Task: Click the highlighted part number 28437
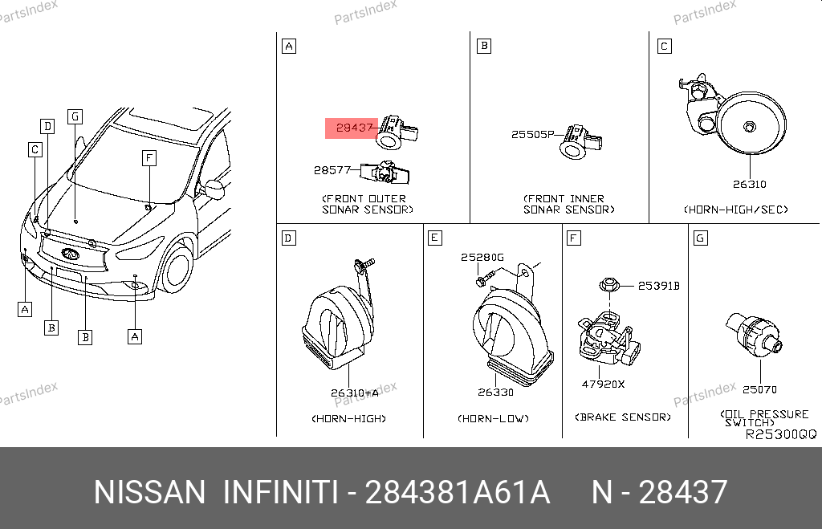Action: point(354,128)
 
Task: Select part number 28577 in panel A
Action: point(332,170)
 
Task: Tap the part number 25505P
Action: point(533,134)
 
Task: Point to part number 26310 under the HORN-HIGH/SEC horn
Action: point(750,184)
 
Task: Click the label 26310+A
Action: point(354,393)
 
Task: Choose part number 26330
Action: point(495,393)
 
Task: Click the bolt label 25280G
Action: point(482,257)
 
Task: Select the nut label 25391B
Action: point(658,286)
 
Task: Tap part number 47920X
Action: point(603,385)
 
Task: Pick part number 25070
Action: point(759,389)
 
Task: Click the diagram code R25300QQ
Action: point(781,434)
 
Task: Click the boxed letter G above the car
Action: point(75,116)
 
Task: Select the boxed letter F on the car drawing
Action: point(149,158)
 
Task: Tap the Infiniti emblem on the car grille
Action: point(71,254)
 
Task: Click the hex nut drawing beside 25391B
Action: point(609,286)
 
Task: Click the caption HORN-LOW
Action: point(494,418)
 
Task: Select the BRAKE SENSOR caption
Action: point(623,417)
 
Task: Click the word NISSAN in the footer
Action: point(150,492)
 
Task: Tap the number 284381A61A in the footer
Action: point(457,492)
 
